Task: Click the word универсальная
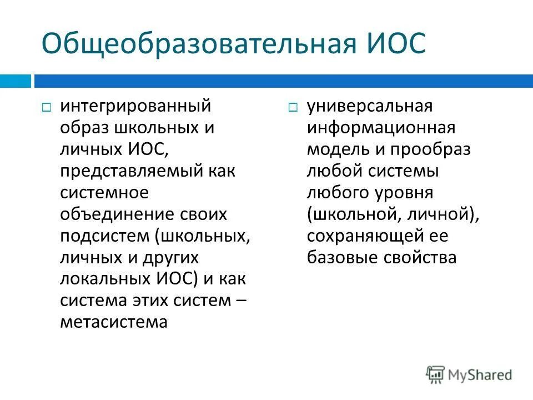click(369, 106)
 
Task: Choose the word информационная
click(381, 127)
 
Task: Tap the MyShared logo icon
click(435, 375)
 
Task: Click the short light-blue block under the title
click(15, 81)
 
